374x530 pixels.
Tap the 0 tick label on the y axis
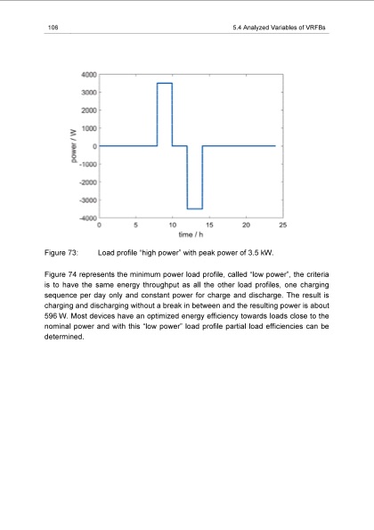click(93, 146)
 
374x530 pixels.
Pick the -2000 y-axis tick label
click(86, 183)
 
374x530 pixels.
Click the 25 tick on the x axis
click(282, 226)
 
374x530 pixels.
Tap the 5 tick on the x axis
click(135, 226)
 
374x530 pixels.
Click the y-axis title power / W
click(71, 145)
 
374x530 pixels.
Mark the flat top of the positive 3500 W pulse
click(164, 83)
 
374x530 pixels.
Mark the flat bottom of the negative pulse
click(194, 208)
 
